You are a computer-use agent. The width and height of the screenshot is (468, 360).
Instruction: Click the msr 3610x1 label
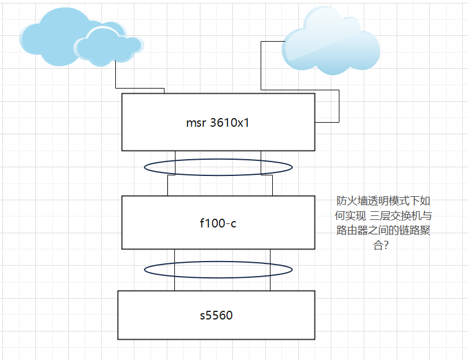pos(218,123)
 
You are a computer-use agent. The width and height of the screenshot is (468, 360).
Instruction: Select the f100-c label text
pos(218,223)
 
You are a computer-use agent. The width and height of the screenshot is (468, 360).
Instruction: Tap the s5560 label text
pos(216,315)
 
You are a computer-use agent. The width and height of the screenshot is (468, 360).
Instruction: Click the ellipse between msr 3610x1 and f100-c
pos(218,167)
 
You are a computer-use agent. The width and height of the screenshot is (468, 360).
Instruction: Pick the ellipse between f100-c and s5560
pos(218,270)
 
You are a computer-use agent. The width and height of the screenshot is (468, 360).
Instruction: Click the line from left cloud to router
pos(116,75)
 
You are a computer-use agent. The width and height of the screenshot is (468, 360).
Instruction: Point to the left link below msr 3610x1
pos(174,156)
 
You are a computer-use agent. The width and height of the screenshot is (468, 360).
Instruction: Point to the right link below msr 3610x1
pos(261,156)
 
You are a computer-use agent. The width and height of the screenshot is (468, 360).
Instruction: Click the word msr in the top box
pos(195,123)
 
